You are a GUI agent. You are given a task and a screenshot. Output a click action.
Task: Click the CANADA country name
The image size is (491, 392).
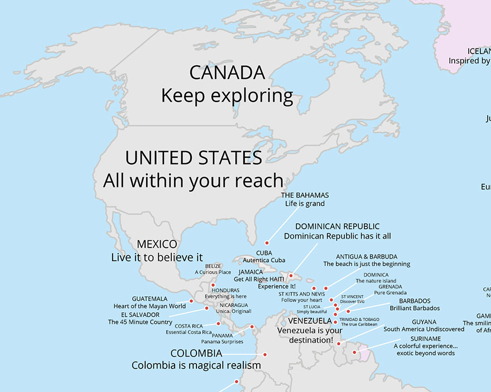tap(227, 72)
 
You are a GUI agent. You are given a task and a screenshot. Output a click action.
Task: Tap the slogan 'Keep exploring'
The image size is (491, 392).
tap(227, 96)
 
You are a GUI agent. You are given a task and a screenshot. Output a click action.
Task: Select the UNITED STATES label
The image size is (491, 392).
tap(194, 158)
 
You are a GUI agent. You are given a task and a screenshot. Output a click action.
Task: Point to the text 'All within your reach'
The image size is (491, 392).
tap(193, 181)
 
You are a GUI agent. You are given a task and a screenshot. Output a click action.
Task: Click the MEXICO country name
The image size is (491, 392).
tap(157, 244)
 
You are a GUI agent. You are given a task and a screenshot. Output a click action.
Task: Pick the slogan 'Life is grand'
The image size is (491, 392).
tap(305, 204)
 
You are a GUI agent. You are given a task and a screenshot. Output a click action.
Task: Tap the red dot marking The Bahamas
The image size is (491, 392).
tap(267, 243)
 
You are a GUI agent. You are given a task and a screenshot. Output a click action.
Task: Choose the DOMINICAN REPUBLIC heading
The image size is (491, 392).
tap(337, 226)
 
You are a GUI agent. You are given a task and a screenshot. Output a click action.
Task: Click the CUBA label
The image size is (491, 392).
tap(264, 253)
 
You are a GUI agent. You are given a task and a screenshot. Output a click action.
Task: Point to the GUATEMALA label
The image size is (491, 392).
tap(150, 299)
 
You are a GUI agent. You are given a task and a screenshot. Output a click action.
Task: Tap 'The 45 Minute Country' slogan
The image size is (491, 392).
tap(140, 322)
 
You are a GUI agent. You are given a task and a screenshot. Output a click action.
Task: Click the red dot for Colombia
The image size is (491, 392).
tap(265, 355)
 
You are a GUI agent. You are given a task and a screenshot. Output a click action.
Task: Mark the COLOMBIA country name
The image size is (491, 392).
tap(196, 354)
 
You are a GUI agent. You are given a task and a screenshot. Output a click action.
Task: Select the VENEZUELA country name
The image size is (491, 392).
tap(310, 321)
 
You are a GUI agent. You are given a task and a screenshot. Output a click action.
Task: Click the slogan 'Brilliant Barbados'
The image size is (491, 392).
tap(415, 308)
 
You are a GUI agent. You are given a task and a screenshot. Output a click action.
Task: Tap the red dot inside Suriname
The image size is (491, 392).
tap(354, 352)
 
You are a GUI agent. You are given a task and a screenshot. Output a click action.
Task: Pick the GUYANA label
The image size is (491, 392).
tap(424, 322)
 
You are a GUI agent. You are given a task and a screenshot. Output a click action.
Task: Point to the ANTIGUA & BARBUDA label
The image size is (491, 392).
tap(367, 257)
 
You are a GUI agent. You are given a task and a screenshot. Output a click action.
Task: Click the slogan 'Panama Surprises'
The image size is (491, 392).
tap(222, 342)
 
